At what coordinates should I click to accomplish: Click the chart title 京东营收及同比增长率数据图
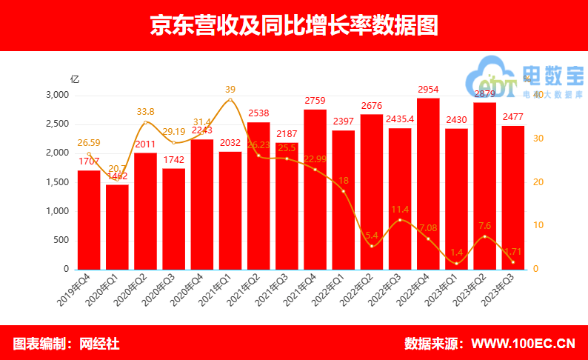tap(294, 26)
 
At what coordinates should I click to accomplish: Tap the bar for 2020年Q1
tap(117, 227)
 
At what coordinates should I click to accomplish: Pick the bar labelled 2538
tap(258, 196)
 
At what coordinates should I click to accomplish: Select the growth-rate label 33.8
tap(146, 111)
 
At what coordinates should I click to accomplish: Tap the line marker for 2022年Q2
tap(372, 245)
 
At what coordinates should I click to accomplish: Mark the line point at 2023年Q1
tap(456, 263)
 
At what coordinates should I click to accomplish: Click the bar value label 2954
tap(428, 89)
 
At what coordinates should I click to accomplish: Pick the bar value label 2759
tap(315, 100)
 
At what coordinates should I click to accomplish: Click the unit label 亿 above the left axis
tap(74, 78)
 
